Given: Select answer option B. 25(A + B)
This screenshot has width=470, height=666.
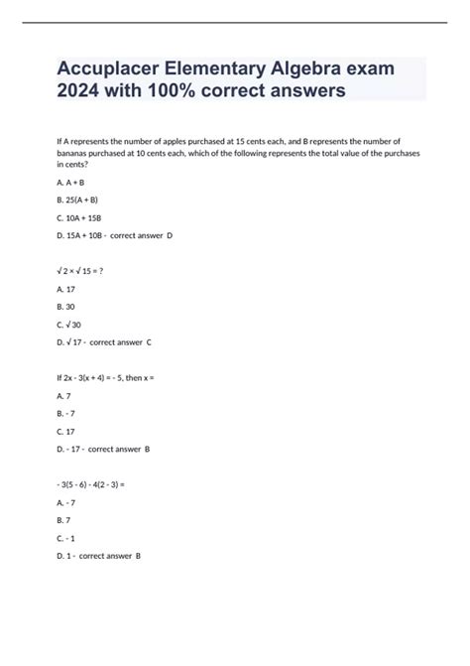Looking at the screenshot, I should tap(78, 200).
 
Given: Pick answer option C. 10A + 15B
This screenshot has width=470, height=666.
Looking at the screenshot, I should tap(81, 216).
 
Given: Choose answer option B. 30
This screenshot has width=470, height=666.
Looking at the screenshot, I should tap(66, 306).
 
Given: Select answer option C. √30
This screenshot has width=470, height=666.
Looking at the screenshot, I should tap(70, 324).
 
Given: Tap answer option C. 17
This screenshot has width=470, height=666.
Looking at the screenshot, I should tap(66, 431).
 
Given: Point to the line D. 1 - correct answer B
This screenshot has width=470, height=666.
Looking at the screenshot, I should tap(99, 556).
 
